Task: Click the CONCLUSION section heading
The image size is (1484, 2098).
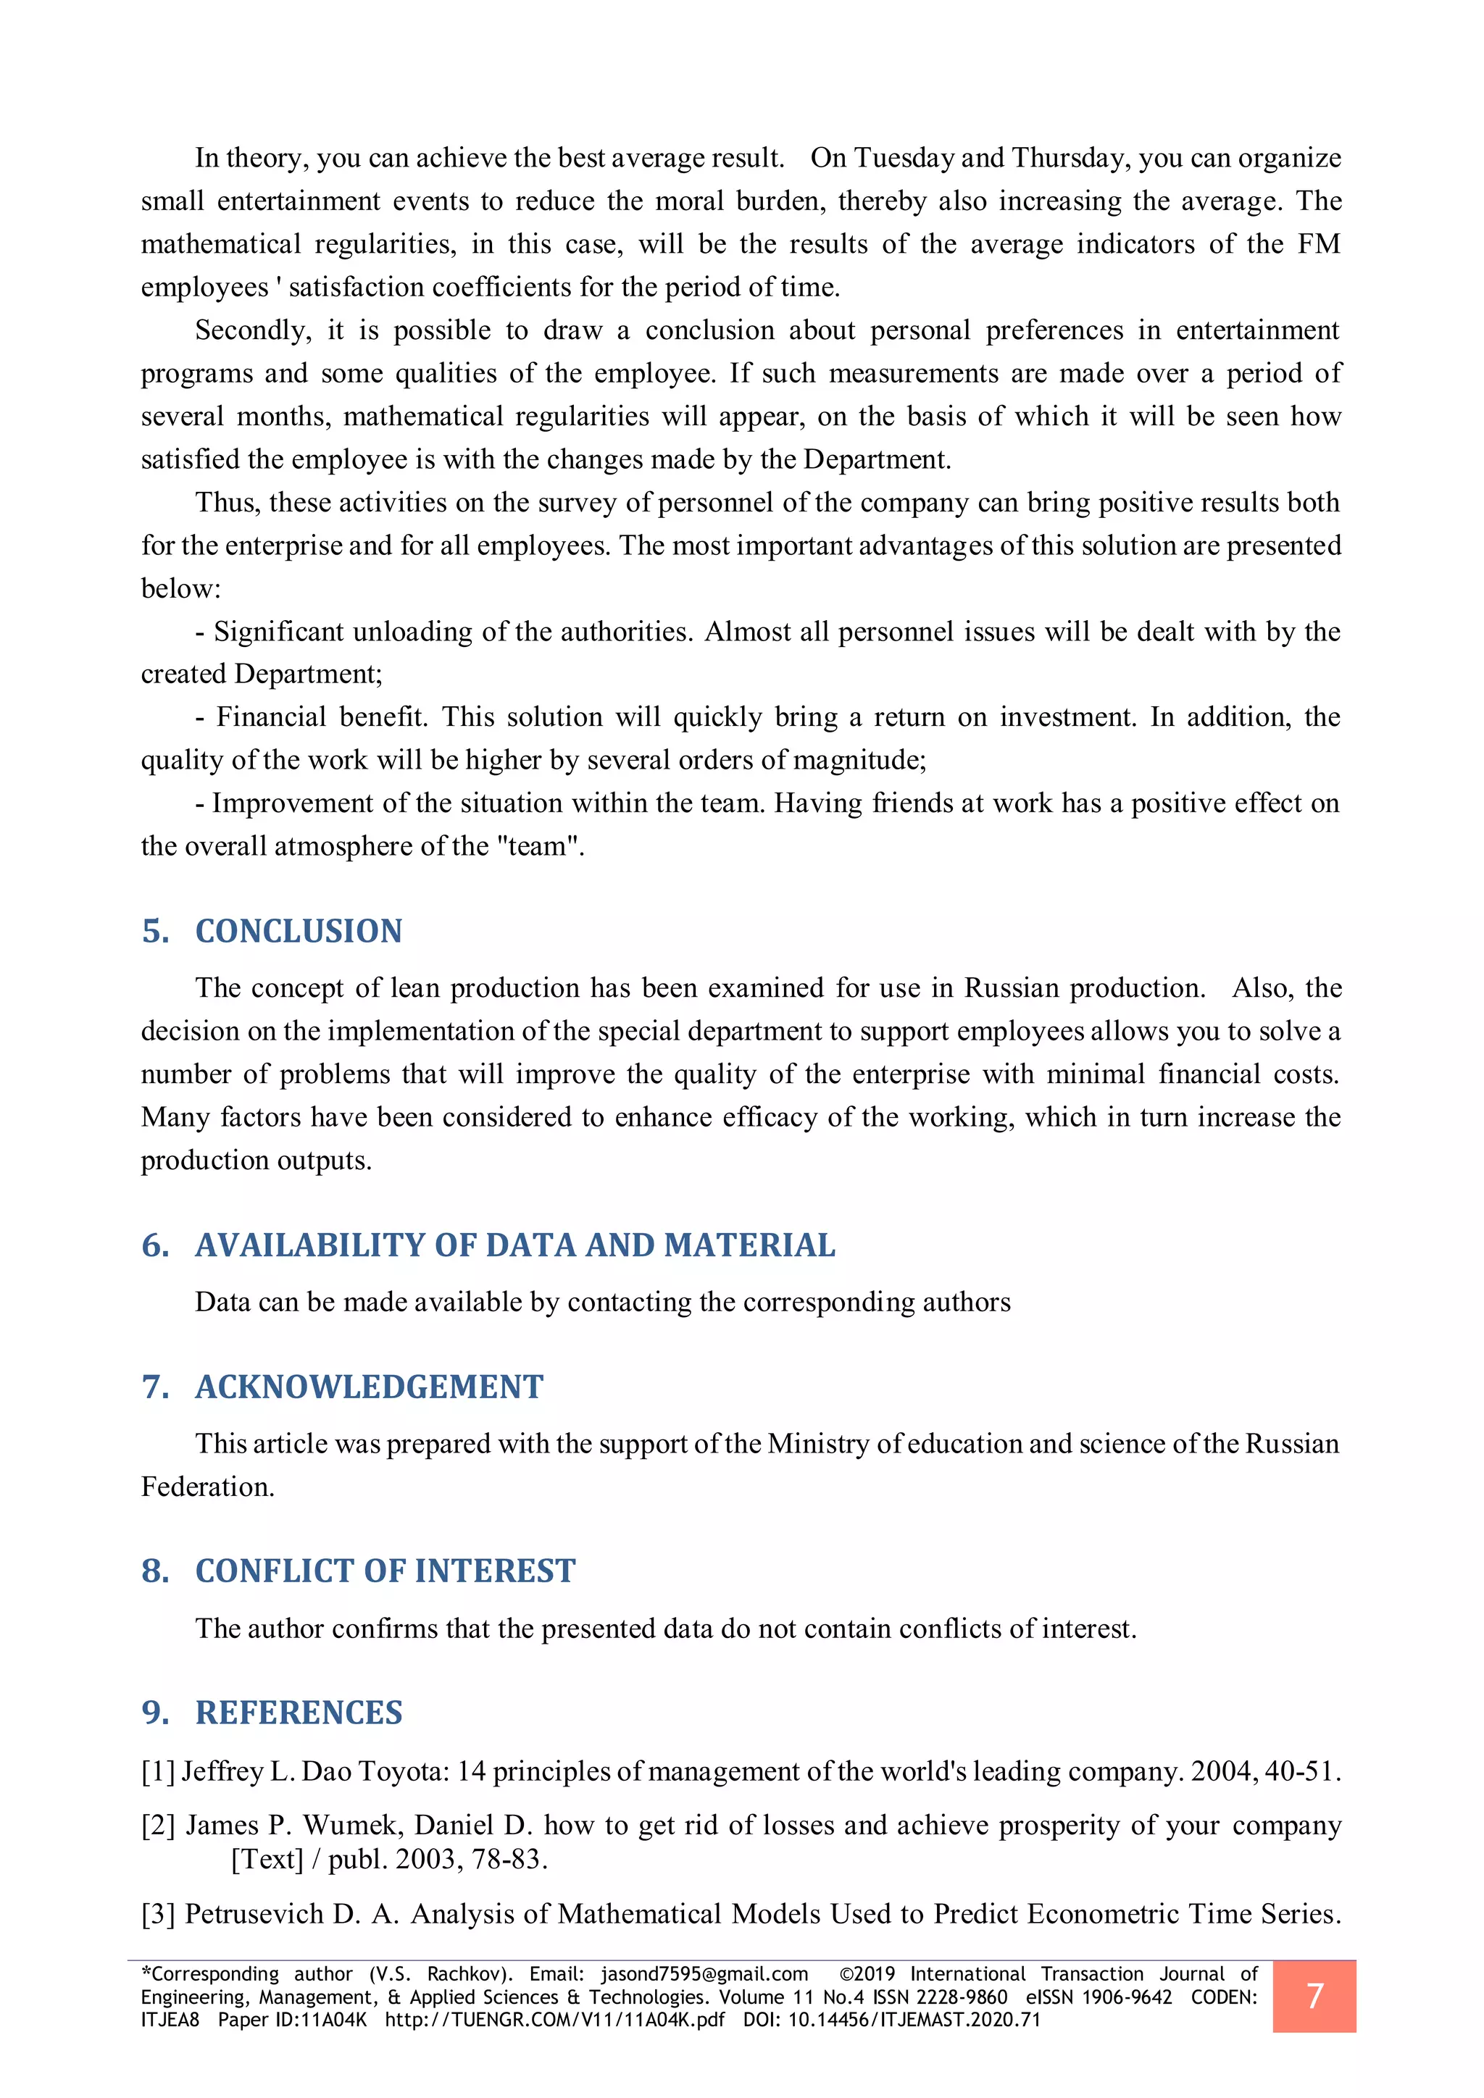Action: [x=298, y=931]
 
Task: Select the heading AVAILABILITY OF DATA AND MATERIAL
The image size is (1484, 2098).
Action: [x=514, y=1245]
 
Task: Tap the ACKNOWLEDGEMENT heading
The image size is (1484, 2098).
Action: [x=369, y=1387]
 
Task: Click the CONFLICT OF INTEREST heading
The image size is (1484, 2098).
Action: [x=385, y=1571]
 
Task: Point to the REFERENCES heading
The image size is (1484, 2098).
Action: [x=298, y=1713]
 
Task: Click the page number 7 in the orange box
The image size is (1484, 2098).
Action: [x=1314, y=1996]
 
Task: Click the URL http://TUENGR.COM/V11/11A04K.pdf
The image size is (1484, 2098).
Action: [x=554, y=2020]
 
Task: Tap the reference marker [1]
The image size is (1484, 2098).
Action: [x=158, y=1772]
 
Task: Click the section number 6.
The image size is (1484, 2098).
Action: [x=154, y=1245]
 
